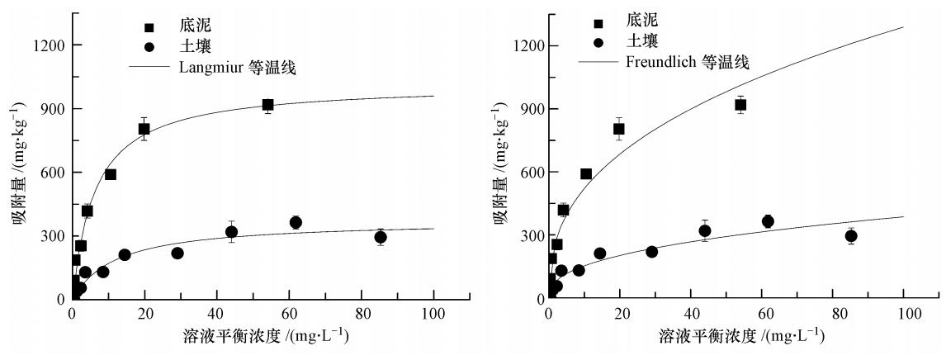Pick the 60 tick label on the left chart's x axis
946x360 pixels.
pyautogui.click(x=289, y=315)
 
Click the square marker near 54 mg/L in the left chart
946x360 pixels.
pyautogui.click(x=267, y=105)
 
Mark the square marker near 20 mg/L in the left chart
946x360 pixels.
pyautogui.click(x=144, y=129)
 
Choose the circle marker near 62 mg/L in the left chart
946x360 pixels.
pyautogui.click(x=296, y=222)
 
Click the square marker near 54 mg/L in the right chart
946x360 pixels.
pyautogui.click(x=740, y=105)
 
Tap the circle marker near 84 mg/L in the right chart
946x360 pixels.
pyautogui.click(x=851, y=236)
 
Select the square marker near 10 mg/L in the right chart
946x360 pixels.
pyautogui.click(x=586, y=174)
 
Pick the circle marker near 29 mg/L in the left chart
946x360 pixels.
pyautogui.click(x=177, y=253)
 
